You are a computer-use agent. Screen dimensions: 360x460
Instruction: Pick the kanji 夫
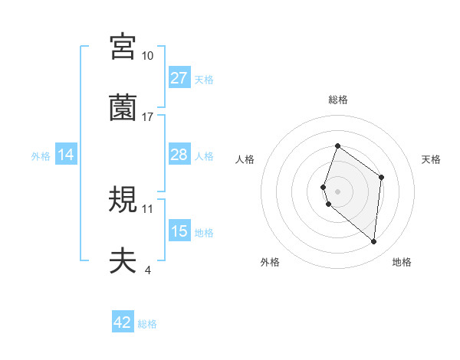point(123,260)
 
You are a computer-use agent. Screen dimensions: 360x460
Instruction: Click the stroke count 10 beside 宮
point(147,56)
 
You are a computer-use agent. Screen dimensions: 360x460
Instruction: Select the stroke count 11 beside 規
point(147,208)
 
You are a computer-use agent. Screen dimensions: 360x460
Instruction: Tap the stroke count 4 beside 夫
point(147,270)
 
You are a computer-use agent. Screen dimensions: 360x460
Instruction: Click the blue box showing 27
point(179,78)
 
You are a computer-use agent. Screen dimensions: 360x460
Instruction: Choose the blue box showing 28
point(179,155)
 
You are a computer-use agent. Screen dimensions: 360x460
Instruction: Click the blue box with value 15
point(179,231)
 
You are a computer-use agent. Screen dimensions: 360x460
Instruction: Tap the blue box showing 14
point(66,155)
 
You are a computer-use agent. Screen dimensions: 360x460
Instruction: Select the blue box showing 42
point(123,322)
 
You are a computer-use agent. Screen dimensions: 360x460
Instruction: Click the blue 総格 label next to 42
point(147,324)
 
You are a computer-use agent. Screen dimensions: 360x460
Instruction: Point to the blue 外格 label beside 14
point(41,156)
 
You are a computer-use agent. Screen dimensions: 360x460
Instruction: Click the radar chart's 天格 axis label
point(432,159)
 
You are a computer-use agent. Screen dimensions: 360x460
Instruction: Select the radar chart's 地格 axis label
point(402,263)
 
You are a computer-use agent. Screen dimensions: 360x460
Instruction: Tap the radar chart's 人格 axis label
point(245,159)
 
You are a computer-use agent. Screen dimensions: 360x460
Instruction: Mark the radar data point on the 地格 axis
point(374,242)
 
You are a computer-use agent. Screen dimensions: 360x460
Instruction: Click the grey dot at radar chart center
point(337,191)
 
